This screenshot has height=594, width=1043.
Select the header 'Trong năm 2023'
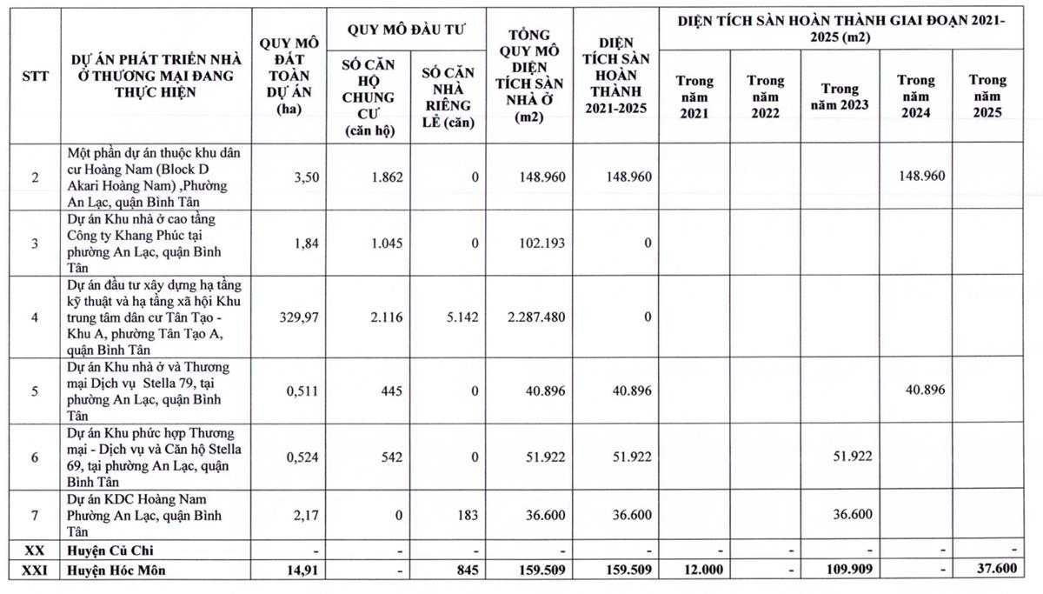point(840,97)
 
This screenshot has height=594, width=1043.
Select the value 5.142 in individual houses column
point(461,317)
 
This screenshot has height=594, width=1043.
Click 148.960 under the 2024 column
point(918,177)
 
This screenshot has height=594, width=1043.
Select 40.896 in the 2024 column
point(925,390)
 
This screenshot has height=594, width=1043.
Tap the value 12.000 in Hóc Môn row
point(696,571)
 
